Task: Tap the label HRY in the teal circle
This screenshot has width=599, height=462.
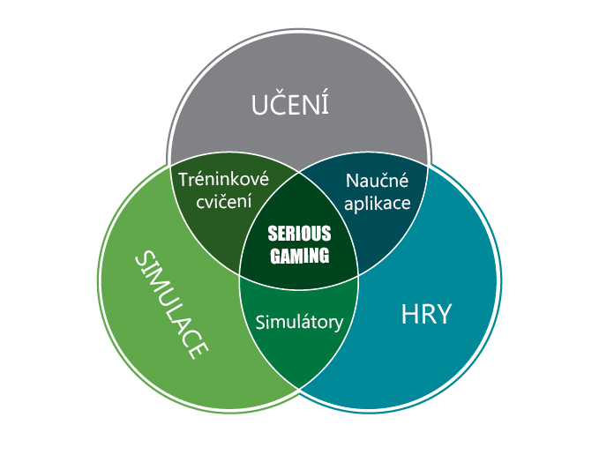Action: [425, 315]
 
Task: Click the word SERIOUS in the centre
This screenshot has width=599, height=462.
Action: [299, 235]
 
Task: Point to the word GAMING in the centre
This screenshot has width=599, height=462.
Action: [299, 256]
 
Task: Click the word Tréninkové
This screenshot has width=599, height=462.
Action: [223, 180]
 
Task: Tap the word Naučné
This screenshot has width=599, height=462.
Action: [376, 181]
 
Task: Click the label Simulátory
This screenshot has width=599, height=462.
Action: [299, 322]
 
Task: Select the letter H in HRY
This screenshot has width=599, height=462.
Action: [408, 315]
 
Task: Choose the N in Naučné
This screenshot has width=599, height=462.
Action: [352, 181]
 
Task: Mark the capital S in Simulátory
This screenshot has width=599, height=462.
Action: [260, 322]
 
